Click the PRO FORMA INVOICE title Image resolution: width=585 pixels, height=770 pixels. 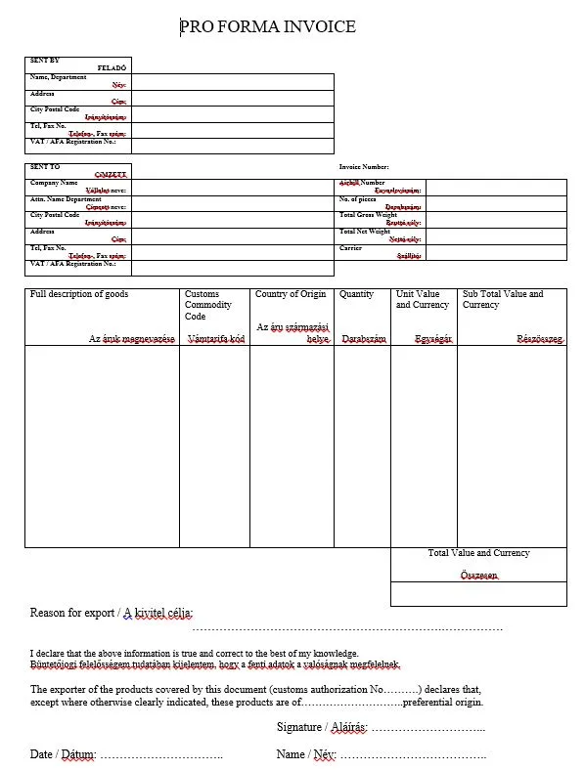[268, 26]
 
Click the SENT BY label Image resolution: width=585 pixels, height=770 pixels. [45, 61]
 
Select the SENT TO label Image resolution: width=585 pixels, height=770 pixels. [45, 166]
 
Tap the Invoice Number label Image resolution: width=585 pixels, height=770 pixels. [364, 166]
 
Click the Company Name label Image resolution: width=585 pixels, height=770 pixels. [54, 183]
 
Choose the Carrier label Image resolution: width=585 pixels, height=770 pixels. [350, 248]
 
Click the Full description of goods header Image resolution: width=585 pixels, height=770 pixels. [79, 294]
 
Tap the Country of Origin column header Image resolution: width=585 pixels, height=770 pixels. [291, 294]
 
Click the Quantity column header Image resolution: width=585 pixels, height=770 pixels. [356, 294]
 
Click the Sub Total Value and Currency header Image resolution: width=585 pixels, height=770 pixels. [503, 299]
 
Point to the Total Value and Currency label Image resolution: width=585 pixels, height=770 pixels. [478, 553]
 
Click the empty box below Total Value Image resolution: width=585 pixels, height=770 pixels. [478, 594]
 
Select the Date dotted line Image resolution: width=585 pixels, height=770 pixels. [161, 755]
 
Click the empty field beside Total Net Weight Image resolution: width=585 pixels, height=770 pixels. [497, 235]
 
